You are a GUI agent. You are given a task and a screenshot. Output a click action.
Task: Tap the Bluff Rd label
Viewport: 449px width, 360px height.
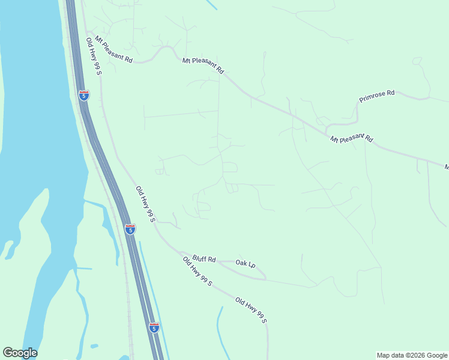tap(205, 259)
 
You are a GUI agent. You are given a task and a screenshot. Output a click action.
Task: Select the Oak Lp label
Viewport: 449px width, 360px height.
tap(246, 263)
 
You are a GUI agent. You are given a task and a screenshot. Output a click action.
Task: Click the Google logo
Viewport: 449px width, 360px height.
tap(20, 353)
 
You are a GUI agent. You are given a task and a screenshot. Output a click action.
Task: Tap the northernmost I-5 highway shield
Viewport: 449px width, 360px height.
tap(83, 95)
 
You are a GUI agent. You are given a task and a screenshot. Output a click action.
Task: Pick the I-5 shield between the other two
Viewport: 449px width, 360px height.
tap(130, 229)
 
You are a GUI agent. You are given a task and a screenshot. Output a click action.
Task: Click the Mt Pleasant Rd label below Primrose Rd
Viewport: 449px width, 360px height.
tap(351, 139)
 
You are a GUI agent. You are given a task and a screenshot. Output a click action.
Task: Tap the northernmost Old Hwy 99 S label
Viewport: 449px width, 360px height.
tap(94, 56)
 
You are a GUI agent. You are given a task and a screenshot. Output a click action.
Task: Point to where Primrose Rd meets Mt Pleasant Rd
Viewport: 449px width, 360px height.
tap(326, 128)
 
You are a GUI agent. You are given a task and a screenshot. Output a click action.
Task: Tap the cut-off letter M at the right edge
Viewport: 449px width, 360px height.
tap(446, 167)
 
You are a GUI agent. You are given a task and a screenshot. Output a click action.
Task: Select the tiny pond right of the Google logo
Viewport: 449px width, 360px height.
tap(94, 346)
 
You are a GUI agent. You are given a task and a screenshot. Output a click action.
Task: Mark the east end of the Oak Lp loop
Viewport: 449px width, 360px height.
tap(265, 278)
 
